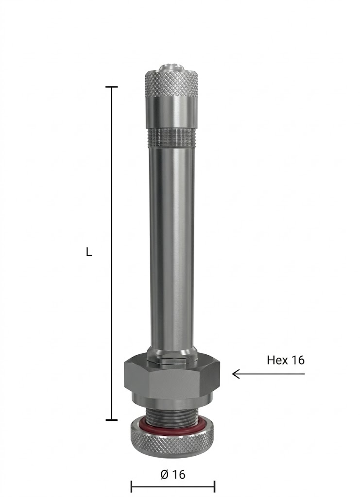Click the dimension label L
[89, 252]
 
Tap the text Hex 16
[286, 360]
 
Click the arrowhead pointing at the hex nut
[236, 374]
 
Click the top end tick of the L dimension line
[111, 86]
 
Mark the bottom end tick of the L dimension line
[111, 420]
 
